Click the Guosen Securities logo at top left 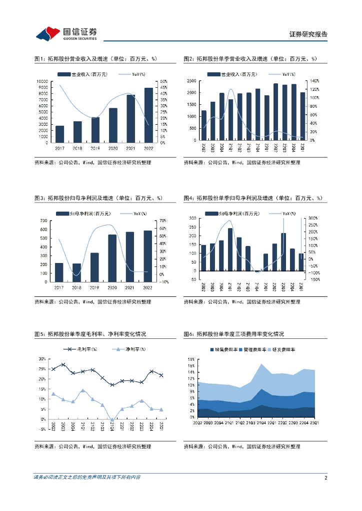pos(66,33)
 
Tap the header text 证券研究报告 pos(308,34)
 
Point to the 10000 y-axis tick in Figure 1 pos(42,81)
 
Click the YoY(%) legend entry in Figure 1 pos(132,74)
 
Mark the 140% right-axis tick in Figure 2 pos(314,81)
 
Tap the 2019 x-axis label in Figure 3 pos(94,288)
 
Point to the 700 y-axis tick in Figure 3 pos(44,221)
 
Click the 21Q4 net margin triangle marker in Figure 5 pos(112,420)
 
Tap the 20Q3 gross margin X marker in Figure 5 pos(63,365)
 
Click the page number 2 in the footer pos(325,478)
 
